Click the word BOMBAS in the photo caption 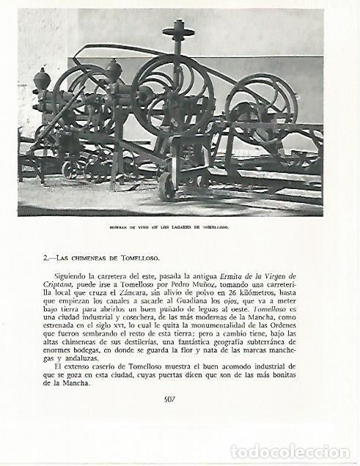(120, 227)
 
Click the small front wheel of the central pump (168, 187)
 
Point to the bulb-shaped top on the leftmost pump (42, 78)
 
